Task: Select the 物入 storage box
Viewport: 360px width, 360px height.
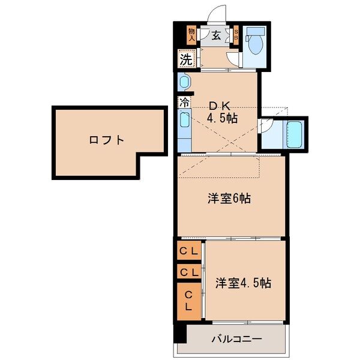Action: pos(191,34)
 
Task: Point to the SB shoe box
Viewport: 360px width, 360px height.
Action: pos(236,35)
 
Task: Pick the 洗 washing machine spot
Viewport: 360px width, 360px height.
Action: pos(187,59)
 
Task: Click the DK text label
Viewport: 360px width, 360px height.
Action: pos(219,103)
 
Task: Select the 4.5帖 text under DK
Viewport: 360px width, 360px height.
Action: pos(222,118)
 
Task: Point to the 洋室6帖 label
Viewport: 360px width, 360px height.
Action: pos(229,199)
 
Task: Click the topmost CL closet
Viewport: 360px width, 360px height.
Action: pos(189,251)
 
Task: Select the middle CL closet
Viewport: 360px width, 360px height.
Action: pos(189,272)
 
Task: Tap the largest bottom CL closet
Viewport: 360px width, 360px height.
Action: pos(188,300)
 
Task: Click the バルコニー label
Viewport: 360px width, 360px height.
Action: pos(236,339)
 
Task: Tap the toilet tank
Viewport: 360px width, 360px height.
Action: pos(255,31)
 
